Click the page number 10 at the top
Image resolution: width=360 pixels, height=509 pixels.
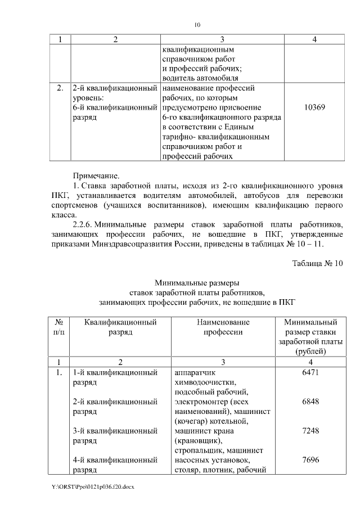(197, 24)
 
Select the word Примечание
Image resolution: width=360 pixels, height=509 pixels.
(97, 175)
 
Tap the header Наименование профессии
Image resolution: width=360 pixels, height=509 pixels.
(223, 327)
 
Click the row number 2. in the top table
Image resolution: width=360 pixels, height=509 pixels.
(60, 88)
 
